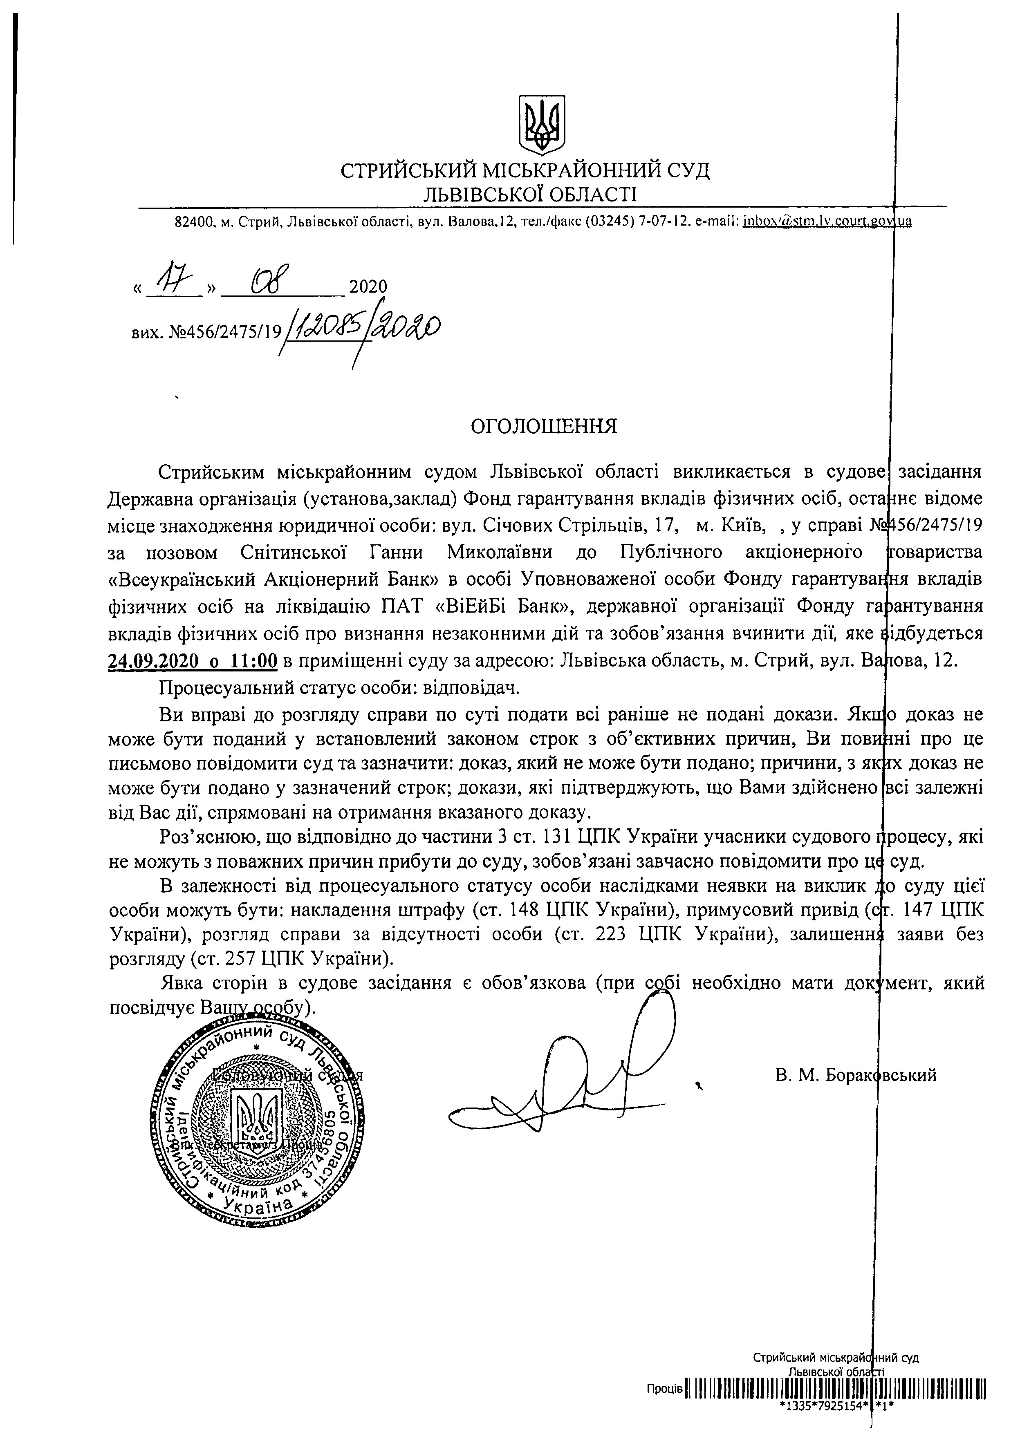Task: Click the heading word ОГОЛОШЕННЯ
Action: [x=544, y=427]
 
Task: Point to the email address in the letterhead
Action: [x=827, y=221]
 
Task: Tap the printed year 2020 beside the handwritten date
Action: [x=368, y=287]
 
